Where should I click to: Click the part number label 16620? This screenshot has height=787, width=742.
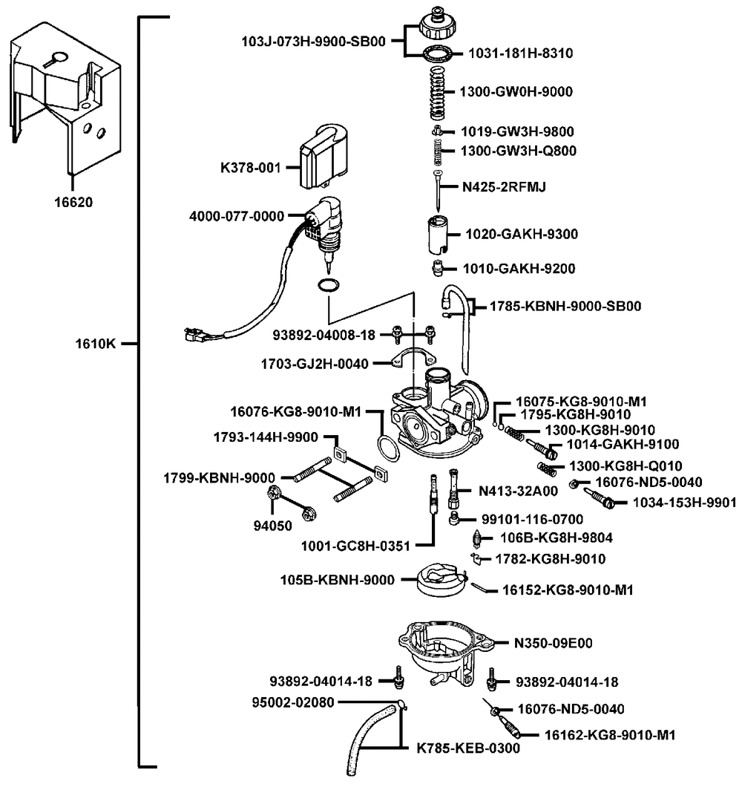click(73, 202)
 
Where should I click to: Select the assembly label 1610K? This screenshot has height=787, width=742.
click(95, 344)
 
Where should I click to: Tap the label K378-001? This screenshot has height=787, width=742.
click(250, 168)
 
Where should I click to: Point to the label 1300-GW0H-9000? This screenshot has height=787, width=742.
click(516, 91)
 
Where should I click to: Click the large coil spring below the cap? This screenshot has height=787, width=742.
click(439, 93)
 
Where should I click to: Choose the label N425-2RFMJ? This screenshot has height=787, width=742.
click(504, 186)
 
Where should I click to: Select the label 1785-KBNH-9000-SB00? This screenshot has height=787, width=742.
click(565, 306)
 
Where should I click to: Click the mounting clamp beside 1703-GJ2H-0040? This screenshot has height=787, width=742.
click(413, 357)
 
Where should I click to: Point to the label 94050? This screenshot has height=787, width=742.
click(272, 526)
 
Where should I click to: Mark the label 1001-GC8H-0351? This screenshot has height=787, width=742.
click(355, 546)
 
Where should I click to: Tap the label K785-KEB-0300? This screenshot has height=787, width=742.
click(468, 748)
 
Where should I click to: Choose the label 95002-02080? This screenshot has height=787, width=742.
click(293, 702)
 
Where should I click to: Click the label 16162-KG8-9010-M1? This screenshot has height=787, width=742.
click(610, 735)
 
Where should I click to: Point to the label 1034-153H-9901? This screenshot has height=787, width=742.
click(684, 503)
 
